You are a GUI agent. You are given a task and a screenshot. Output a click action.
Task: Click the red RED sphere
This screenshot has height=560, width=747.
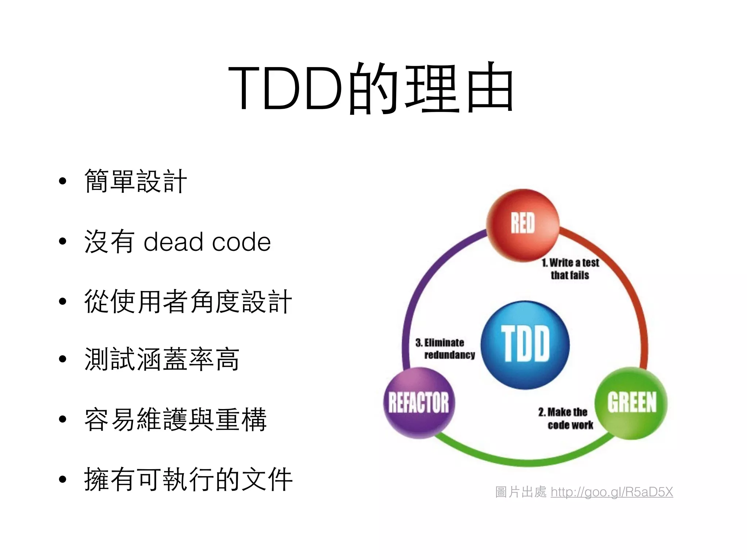point(523,224)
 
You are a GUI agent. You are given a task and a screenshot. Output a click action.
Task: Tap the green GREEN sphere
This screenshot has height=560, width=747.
point(631,402)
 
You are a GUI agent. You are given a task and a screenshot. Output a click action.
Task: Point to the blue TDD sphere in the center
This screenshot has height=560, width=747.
point(525,345)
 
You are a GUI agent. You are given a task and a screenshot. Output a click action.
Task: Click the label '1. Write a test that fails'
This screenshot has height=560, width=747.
point(570,269)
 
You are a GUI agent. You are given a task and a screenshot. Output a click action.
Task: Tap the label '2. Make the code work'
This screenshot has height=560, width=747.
point(565,418)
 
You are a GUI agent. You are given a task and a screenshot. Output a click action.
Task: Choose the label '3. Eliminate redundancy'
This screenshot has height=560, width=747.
point(445,349)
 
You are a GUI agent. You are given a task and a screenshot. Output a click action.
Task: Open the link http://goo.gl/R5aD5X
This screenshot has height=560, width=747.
point(612,492)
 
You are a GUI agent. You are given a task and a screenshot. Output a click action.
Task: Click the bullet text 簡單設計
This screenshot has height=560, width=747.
point(135,181)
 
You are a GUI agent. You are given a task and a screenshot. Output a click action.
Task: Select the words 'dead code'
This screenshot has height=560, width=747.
point(207,242)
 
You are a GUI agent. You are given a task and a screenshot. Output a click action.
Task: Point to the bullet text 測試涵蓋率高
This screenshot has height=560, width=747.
point(162,359)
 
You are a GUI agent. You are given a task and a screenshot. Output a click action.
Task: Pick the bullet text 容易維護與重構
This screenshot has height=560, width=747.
point(175,419)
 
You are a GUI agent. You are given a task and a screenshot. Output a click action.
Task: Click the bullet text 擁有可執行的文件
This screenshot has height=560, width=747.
point(188,479)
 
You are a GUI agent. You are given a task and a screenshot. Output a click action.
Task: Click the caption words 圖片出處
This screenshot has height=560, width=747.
point(520,492)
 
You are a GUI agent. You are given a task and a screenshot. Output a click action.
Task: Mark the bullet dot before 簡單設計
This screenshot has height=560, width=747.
point(63,181)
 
